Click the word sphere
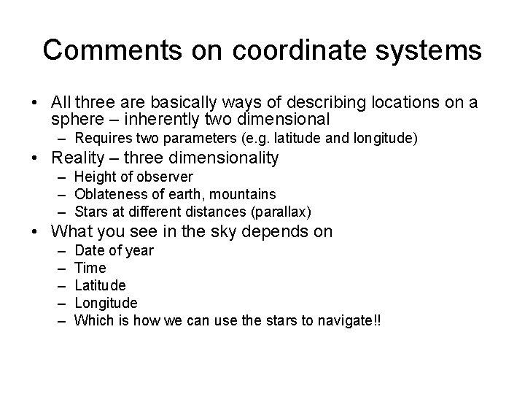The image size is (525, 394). pyautogui.click(x=77, y=119)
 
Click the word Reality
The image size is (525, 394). pyautogui.click(x=81, y=158)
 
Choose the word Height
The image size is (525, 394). pyautogui.click(x=94, y=177)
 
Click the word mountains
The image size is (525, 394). pyautogui.click(x=248, y=194)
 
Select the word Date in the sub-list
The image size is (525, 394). pyautogui.click(x=91, y=250)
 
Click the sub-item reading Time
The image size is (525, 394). pyautogui.click(x=90, y=268)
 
